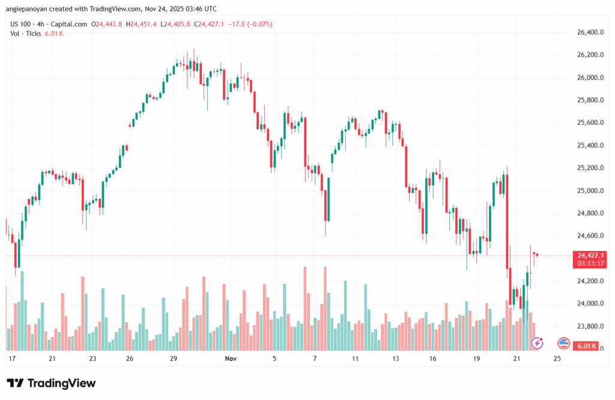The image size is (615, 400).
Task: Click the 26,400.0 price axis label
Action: pyautogui.click(x=589, y=32)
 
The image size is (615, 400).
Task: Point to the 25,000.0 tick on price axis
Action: pyautogui.click(x=589, y=191)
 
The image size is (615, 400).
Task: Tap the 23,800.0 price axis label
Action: pyautogui.click(x=589, y=327)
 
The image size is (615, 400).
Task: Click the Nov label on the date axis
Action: pyautogui.click(x=230, y=358)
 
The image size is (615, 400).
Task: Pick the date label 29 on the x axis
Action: pyautogui.click(x=174, y=358)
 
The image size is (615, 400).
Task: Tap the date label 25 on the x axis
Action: pyautogui.click(x=557, y=358)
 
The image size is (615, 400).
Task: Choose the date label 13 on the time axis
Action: pyautogui.click(x=396, y=358)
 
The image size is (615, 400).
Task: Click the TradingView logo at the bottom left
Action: pyautogui.click(x=51, y=383)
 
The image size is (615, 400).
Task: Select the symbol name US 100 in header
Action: pyautogui.click(x=20, y=24)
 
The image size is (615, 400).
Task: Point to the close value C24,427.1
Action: pyautogui.click(x=211, y=24)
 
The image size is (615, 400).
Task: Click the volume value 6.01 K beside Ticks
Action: pyautogui.click(x=54, y=34)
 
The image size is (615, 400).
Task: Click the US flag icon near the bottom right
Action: pyautogui.click(x=563, y=343)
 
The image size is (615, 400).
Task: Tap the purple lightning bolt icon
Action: pyautogui.click(x=538, y=343)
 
